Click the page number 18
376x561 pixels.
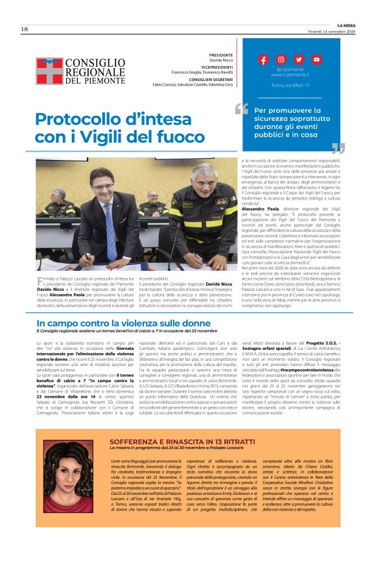(x=24, y=29)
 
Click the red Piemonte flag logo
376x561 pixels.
(x=49, y=71)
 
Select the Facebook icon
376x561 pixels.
(x=263, y=59)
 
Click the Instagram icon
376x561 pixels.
(x=281, y=59)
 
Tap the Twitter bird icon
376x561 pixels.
(x=298, y=59)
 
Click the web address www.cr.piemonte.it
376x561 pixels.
(x=289, y=74)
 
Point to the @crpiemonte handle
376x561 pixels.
(x=289, y=69)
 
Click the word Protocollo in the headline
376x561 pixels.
(x=78, y=119)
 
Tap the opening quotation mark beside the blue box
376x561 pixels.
(x=242, y=108)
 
